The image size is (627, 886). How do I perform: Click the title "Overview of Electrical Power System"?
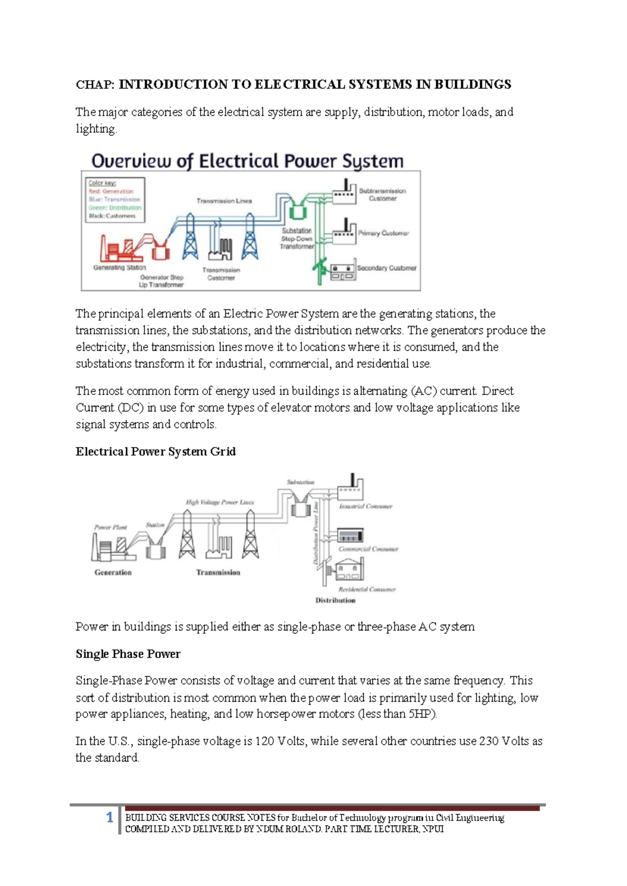tap(247, 161)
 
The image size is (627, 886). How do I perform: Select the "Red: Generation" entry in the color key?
tap(111, 191)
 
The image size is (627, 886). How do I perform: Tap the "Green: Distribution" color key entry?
tap(115, 207)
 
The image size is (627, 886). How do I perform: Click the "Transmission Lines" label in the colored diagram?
tap(224, 201)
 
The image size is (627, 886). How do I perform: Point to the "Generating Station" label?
tap(120, 267)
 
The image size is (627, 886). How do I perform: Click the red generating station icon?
tap(121, 249)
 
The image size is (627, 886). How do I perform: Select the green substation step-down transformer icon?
tap(298, 212)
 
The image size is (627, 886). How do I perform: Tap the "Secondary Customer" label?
tap(387, 268)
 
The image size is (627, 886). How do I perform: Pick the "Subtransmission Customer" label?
tap(382, 194)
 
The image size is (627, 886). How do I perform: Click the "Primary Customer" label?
tap(384, 233)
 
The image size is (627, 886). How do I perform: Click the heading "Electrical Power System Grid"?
tap(156, 451)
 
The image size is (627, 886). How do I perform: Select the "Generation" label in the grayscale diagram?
tap(113, 573)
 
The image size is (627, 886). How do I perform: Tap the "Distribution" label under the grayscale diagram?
tap(335, 601)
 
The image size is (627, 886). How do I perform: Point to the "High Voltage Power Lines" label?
tap(220, 502)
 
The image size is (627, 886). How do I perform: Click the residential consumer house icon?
tap(349, 569)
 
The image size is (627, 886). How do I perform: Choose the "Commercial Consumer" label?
tap(368, 549)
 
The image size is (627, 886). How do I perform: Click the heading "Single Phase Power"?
tap(128, 654)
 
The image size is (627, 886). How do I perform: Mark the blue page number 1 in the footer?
tap(110, 818)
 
